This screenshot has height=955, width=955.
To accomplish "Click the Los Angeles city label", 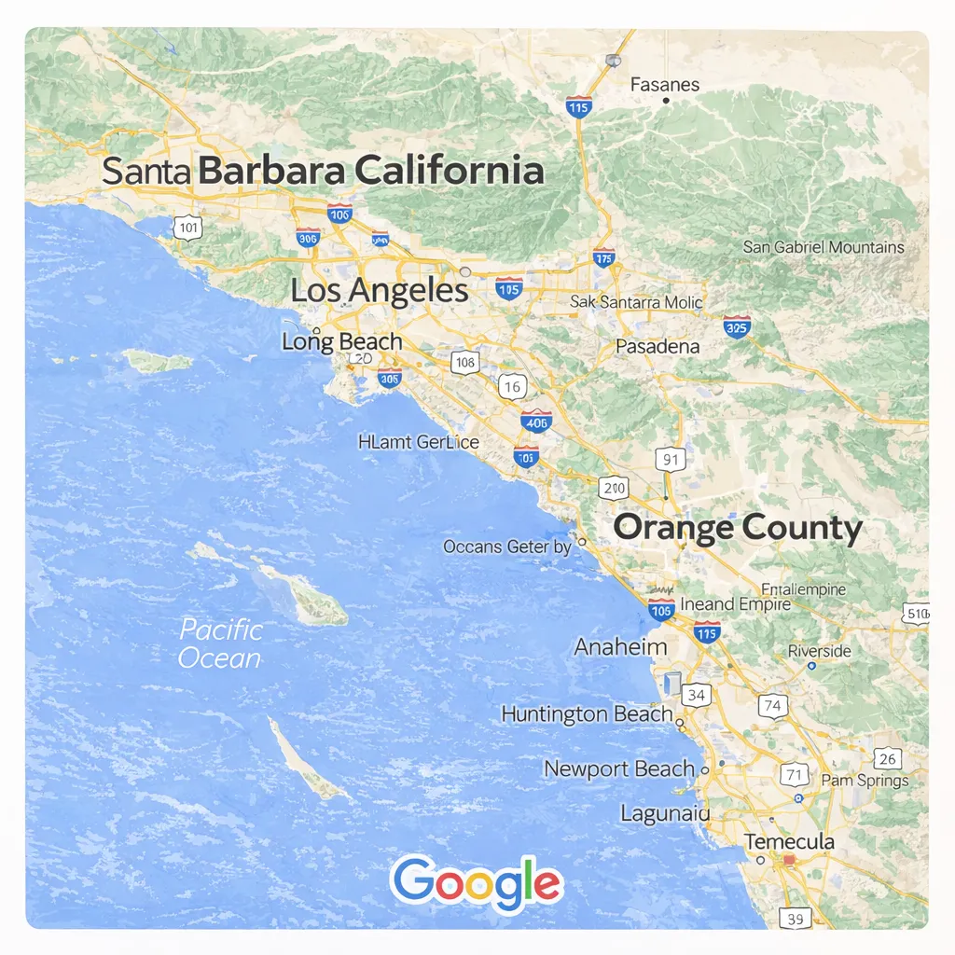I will click(x=379, y=290).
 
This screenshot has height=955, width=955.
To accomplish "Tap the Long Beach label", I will click(x=342, y=341).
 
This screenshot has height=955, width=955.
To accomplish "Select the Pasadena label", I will click(x=657, y=346).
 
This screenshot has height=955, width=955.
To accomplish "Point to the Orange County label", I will click(x=738, y=528).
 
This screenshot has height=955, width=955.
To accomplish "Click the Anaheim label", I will click(x=620, y=646).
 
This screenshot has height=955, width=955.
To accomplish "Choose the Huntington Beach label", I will click(x=587, y=714).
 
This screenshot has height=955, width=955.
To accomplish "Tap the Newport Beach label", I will click(x=619, y=769).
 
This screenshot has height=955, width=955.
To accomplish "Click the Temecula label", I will click(x=789, y=841).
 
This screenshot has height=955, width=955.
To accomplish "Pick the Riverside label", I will click(x=819, y=650).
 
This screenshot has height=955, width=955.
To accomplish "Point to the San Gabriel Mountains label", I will click(x=824, y=247).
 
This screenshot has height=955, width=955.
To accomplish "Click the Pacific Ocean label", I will click(x=220, y=644).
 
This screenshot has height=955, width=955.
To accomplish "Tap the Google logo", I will click(x=476, y=883).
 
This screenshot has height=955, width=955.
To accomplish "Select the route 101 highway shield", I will click(x=187, y=227).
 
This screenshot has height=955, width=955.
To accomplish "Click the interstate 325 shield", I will click(x=737, y=326).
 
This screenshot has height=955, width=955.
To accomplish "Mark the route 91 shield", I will click(x=670, y=459).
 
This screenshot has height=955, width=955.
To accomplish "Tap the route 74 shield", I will click(x=772, y=706).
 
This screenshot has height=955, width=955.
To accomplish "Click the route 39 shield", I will click(x=796, y=919).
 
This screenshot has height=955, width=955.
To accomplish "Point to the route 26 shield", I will click(x=888, y=758).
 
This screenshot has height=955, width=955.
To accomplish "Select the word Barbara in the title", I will click(x=273, y=172).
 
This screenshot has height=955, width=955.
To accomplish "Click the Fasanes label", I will click(x=664, y=85).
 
